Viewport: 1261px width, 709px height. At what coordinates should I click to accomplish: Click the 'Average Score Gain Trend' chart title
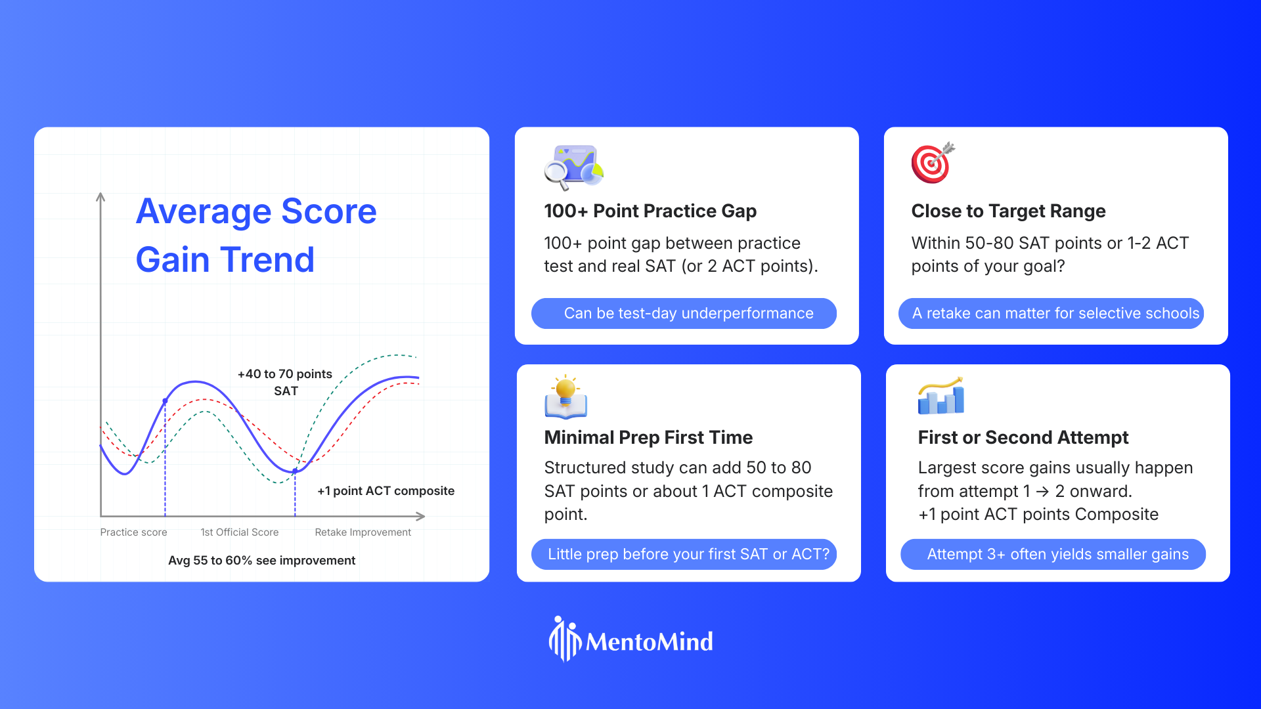point(256,235)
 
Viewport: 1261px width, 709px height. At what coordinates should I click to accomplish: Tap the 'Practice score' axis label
point(133,532)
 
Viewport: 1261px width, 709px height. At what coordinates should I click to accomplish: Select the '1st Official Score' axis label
point(240,532)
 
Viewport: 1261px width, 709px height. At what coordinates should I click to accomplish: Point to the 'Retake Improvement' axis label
point(363,532)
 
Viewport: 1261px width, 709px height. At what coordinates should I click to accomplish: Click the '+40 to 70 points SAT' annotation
point(285,382)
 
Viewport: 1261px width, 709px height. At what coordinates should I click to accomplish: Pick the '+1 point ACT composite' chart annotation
point(386,491)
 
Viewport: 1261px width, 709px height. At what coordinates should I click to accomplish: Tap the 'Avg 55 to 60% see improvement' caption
point(261,561)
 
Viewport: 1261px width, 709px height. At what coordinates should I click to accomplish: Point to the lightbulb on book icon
point(565,397)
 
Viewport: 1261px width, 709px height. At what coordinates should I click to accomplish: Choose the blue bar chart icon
point(941,395)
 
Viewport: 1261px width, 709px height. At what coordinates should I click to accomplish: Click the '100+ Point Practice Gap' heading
point(650,211)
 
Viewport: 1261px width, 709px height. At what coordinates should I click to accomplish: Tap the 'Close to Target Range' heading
point(1008,211)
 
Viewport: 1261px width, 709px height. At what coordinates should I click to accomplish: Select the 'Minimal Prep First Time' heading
point(648,437)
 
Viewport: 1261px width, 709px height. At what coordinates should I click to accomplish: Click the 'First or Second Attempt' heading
point(1023,437)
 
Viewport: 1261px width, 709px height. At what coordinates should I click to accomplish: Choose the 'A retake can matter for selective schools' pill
point(1051,313)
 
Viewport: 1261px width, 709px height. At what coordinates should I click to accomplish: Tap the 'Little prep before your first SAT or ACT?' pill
point(684,554)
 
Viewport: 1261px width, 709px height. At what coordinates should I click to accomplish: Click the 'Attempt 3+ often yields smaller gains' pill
point(1053,554)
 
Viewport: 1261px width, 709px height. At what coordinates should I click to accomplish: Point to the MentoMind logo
point(630,639)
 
